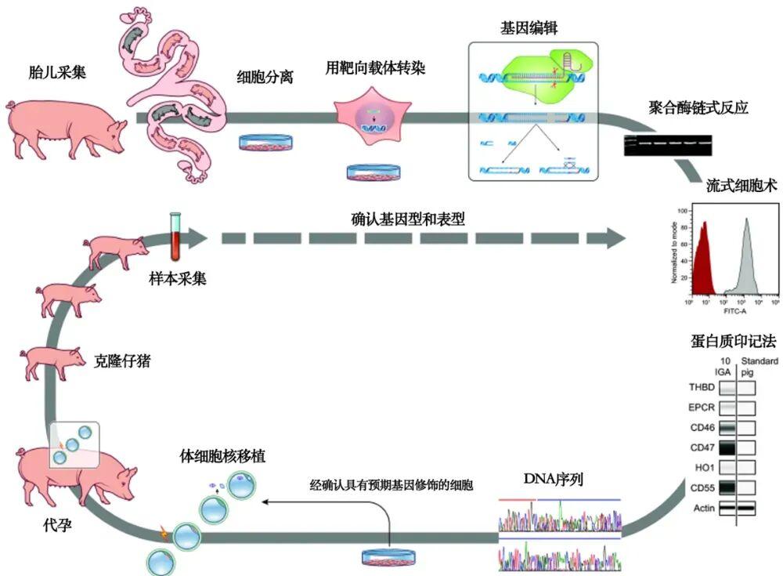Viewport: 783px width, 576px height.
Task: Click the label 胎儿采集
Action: click(x=56, y=74)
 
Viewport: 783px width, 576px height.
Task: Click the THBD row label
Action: click(x=700, y=387)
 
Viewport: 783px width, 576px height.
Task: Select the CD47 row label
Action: click(x=700, y=448)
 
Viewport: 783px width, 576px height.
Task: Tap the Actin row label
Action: click(x=702, y=509)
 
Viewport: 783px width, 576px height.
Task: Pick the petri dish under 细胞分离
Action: click(x=266, y=143)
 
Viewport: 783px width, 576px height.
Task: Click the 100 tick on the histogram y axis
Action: click(x=681, y=212)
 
